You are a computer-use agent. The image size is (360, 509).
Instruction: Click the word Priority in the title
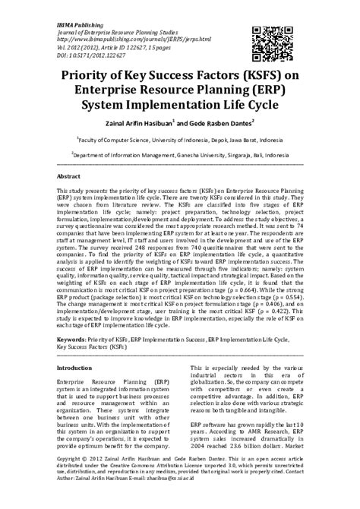tap(96, 77)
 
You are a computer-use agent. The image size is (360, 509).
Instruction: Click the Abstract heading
tap(69, 175)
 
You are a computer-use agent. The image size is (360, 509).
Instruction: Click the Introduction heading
tap(74, 368)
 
